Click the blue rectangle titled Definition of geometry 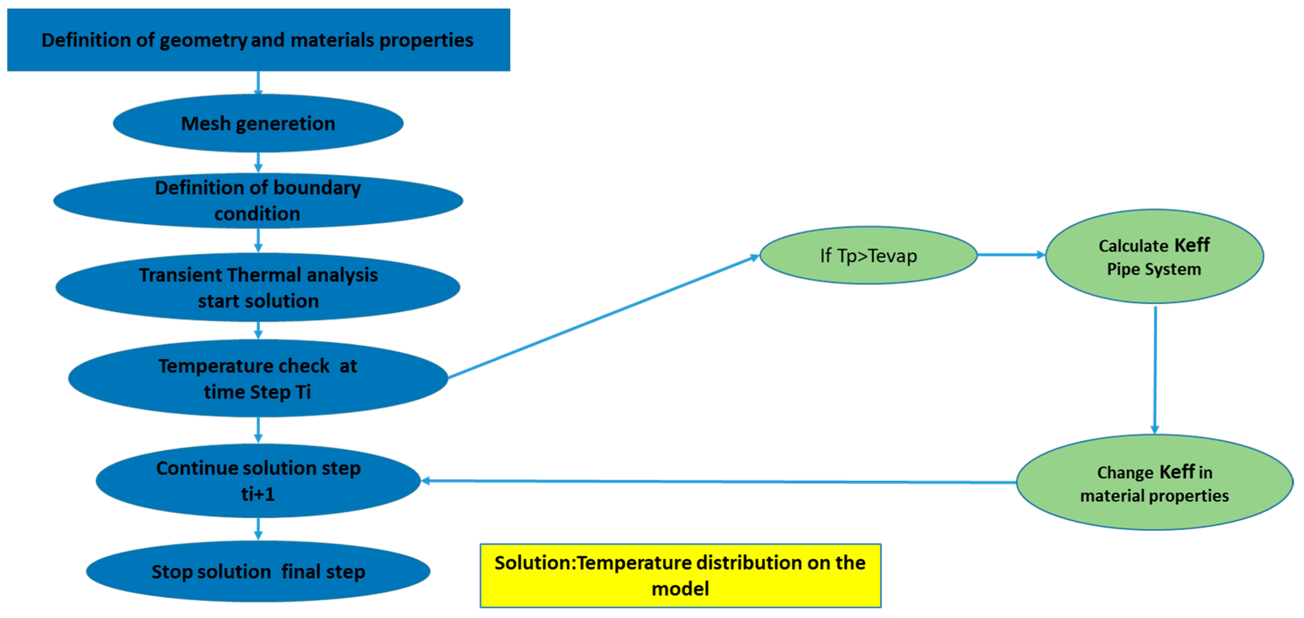258,40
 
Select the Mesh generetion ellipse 258,123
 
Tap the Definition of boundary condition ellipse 258,200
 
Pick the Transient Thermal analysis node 258,288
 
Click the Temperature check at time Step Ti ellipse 258,379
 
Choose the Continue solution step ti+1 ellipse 258,481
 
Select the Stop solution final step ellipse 258,572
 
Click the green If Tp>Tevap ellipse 868,256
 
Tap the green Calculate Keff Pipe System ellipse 1154,257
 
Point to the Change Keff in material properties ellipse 1154,483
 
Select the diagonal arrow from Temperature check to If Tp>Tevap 603,317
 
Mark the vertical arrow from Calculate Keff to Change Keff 1155,370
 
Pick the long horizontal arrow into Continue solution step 719,482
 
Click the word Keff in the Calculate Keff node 1192,245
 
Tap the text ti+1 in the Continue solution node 258,494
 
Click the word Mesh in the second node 205,123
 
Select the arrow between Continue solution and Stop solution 258,528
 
